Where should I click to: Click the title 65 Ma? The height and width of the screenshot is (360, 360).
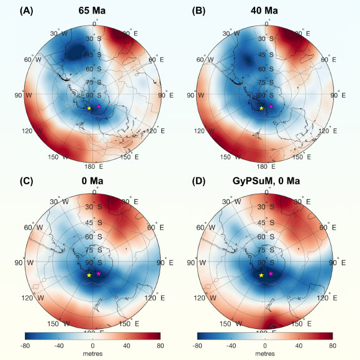[92, 10]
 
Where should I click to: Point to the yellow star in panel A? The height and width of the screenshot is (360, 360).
[89, 108]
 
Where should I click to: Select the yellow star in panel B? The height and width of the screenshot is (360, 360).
[261, 108]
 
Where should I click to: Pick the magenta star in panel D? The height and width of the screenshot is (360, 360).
[271, 274]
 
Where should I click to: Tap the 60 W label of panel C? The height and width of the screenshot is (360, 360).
[30, 227]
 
